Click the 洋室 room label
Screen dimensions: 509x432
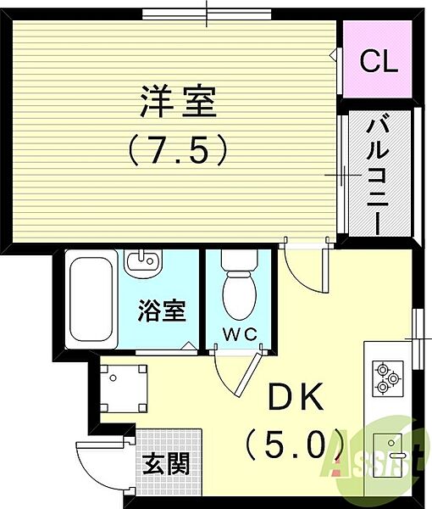click(178, 103)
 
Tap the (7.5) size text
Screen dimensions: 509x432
click(178, 150)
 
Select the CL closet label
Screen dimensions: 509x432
click(379, 61)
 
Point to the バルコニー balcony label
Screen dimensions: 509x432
click(377, 176)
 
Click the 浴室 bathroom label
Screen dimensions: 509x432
click(161, 311)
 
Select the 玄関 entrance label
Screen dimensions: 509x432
click(164, 464)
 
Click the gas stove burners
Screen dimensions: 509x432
click(387, 378)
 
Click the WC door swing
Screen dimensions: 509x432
click(234, 373)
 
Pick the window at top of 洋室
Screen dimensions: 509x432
click(207, 14)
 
